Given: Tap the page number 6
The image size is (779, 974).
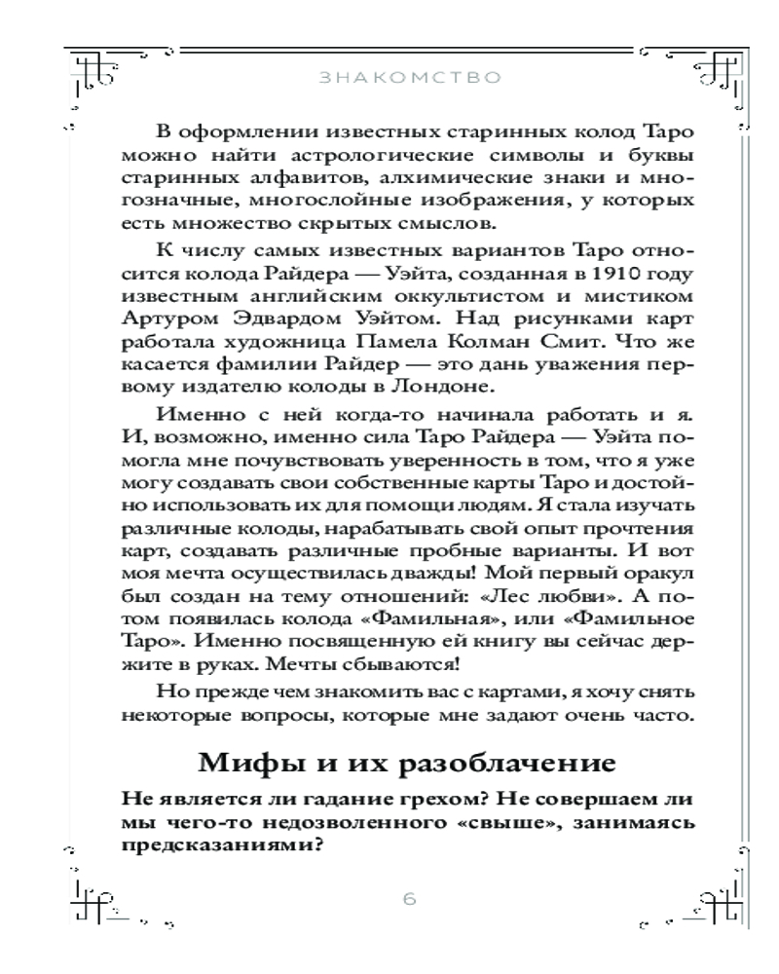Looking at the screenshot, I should pyautogui.click(x=409, y=898).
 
